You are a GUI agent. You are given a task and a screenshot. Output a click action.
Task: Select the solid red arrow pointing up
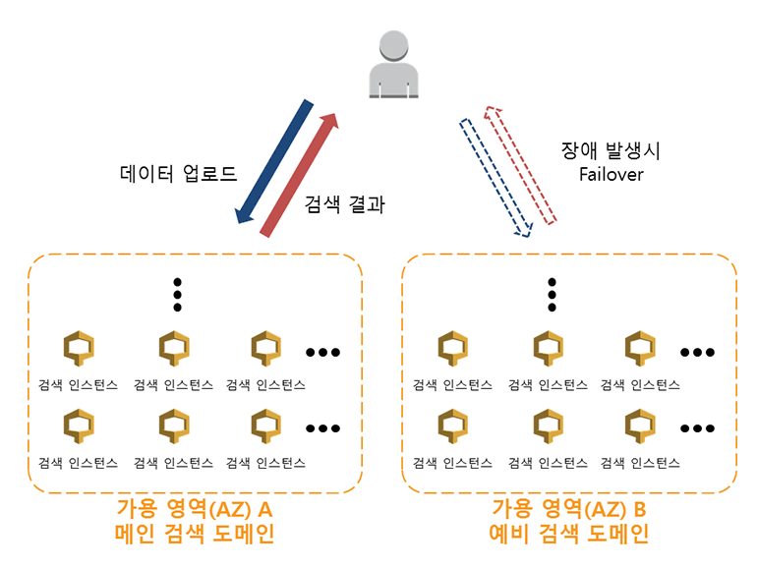pos(300,174)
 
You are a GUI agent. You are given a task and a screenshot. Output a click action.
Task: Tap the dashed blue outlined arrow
pos(495,178)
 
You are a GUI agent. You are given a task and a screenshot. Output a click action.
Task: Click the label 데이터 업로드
pos(179,176)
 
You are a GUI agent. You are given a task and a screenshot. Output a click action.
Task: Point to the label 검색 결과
pos(345,205)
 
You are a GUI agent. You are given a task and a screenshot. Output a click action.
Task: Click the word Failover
pos(610,174)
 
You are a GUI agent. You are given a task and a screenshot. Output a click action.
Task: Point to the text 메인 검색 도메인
pos(194,535)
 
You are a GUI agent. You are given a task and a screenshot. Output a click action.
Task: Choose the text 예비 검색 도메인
pos(568,535)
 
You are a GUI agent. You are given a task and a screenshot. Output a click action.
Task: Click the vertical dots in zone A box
pos(178,292)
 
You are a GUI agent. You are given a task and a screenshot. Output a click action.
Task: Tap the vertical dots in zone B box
pos(552,292)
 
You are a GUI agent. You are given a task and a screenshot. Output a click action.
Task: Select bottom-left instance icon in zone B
pos(452,426)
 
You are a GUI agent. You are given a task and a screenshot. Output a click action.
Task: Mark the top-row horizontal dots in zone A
pos(323,351)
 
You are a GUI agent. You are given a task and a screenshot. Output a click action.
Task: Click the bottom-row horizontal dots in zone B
pos(697,428)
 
